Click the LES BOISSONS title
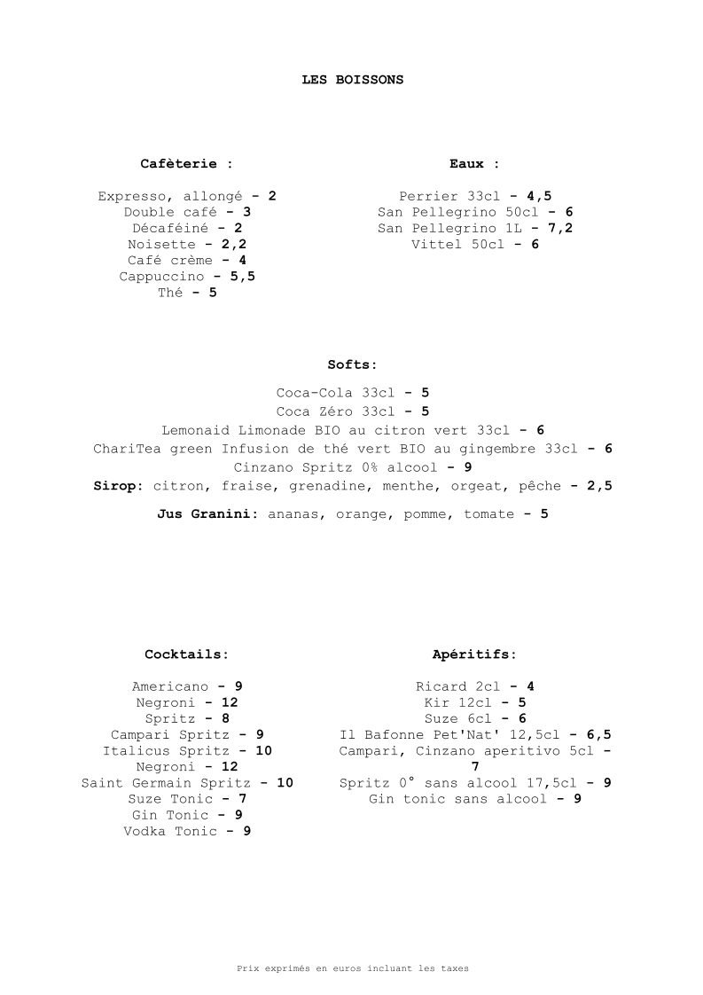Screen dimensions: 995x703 coord(352,80)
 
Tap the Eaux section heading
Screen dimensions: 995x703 coord(474,164)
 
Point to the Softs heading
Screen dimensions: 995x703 coord(352,364)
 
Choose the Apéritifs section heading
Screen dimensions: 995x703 coord(474,654)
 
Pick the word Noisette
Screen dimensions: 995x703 coord(161,245)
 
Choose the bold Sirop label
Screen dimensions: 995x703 coord(118,486)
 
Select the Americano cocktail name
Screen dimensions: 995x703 coord(170,686)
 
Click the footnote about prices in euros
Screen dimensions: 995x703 coord(352,969)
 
